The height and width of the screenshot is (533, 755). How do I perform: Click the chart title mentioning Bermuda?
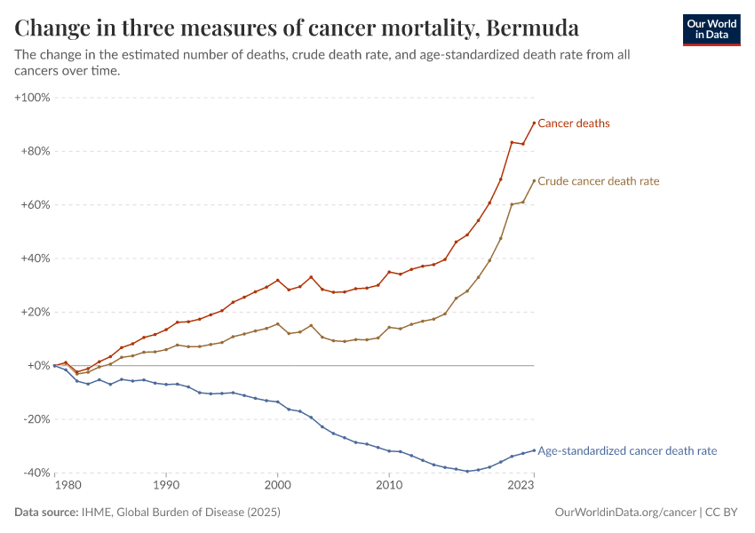click(x=298, y=28)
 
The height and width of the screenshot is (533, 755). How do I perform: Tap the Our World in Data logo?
click(x=711, y=29)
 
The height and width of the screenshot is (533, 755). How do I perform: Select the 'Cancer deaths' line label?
click(x=574, y=123)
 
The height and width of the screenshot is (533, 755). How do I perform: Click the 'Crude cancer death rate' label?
click(x=599, y=181)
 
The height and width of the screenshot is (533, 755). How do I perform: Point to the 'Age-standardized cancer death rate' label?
click(x=627, y=451)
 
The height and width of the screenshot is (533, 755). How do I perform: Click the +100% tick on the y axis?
click(x=33, y=97)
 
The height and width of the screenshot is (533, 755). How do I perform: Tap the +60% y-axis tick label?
click(x=36, y=204)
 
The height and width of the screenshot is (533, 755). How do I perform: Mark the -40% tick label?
click(x=36, y=473)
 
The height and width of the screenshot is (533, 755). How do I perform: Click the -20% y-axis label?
click(x=36, y=419)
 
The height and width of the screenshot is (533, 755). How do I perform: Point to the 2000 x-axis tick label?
click(x=278, y=486)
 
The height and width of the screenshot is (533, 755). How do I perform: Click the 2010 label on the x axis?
click(x=389, y=486)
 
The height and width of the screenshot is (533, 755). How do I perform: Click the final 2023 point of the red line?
click(x=534, y=123)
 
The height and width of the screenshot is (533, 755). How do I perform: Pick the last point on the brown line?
click(x=534, y=180)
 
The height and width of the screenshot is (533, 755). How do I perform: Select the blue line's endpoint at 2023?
click(x=534, y=450)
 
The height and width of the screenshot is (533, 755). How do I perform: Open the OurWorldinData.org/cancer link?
click(x=624, y=513)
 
